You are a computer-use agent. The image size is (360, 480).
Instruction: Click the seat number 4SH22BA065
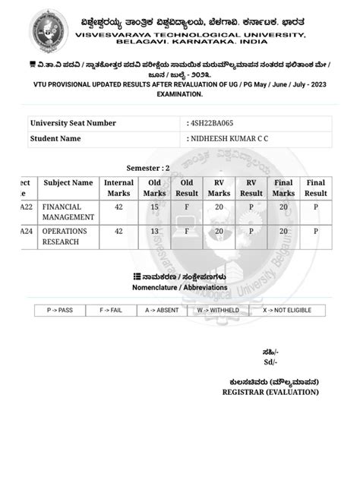215,123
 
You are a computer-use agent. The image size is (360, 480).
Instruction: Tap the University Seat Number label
73,123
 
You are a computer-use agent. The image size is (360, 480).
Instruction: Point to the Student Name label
55,139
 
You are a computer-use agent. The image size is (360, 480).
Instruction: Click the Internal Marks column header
118,188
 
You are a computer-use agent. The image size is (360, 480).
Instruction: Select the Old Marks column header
154,188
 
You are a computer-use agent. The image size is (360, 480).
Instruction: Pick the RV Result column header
251,188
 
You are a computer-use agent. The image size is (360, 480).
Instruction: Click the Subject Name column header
68,183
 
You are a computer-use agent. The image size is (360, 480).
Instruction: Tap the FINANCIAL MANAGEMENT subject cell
68,212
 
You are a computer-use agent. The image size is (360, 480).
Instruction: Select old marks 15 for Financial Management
154,207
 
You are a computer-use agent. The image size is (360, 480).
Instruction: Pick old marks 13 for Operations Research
154,231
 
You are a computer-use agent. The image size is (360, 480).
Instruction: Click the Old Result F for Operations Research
186,231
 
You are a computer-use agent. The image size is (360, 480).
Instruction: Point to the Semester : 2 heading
147,168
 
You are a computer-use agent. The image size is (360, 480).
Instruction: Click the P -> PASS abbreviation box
60,311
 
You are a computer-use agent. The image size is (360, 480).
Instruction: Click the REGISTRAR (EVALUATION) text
270,392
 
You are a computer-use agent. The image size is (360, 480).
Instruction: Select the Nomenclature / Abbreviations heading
179,288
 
